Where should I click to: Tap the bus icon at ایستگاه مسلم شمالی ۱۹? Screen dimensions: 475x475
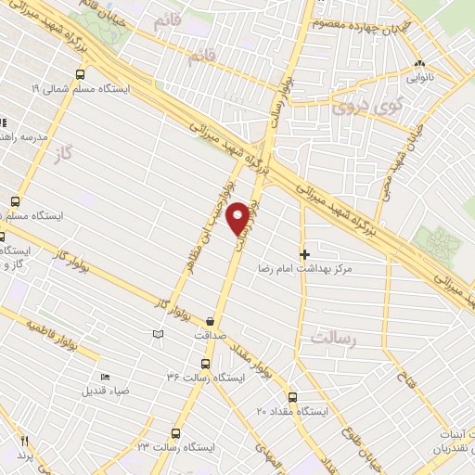(81, 74)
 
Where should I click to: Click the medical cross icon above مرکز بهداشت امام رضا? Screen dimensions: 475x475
(304, 253)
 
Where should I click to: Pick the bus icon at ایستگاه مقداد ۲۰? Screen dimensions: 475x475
(293, 396)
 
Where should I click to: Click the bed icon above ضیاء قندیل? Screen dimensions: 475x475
(105, 377)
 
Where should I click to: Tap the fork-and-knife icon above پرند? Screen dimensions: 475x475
(25, 443)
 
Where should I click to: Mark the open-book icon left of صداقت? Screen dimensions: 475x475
(158, 334)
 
